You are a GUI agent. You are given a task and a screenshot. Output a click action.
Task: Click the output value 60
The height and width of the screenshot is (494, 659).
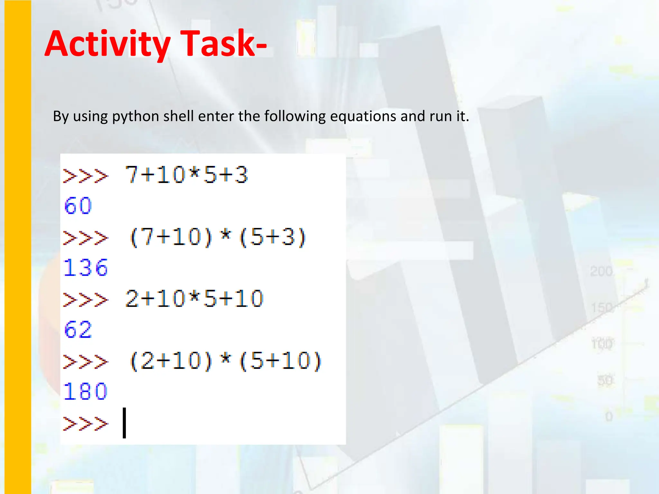(x=78, y=206)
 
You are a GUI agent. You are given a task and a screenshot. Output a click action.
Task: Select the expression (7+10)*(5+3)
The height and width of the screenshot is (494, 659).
(x=218, y=237)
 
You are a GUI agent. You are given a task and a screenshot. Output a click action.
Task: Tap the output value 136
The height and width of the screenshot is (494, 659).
(x=86, y=268)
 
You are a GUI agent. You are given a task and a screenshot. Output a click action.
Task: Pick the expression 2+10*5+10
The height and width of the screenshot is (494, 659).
(x=194, y=299)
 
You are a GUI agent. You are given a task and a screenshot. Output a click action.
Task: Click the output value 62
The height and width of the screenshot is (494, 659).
(x=78, y=330)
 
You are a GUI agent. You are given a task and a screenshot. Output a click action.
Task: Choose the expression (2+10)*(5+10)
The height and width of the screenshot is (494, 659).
(x=226, y=361)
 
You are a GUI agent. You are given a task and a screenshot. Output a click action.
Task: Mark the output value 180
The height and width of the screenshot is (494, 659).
(x=86, y=391)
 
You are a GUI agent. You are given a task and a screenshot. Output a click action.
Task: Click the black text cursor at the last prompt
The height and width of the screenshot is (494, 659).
(x=124, y=423)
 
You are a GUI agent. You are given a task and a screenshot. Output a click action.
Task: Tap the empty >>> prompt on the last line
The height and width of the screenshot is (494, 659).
(x=86, y=424)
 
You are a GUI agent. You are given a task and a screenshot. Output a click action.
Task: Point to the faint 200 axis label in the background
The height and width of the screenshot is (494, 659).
(x=601, y=271)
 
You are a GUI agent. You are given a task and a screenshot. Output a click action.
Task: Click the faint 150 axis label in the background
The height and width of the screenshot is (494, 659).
(x=602, y=308)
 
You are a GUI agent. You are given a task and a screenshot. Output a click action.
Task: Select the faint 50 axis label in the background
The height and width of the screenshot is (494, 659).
(x=605, y=380)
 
